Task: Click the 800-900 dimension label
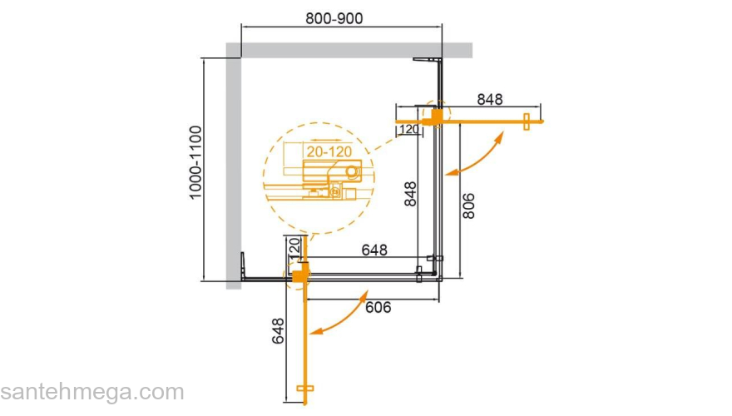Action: click(x=334, y=18)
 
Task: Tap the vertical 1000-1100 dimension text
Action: click(x=195, y=162)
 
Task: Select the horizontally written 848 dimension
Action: click(x=490, y=100)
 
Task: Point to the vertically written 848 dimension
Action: click(x=410, y=194)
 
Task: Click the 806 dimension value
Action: click(x=468, y=206)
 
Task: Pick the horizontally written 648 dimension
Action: click(x=374, y=250)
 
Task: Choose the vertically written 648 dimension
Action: click(x=278, y=330)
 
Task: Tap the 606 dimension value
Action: click(x=378, y=307)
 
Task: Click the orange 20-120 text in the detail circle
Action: click(x=329, y=151)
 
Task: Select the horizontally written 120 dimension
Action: click(x=409, y=129)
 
